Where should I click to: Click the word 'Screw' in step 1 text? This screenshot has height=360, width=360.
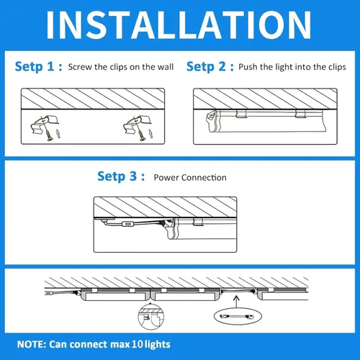click(x=81, y=67)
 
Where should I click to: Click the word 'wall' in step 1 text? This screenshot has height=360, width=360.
click(x=166, y=67)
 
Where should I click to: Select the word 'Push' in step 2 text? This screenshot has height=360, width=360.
click(x=251, y=67)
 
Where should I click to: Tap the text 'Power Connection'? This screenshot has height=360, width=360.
click(x=190, y=178)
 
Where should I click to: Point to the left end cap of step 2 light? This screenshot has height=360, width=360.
click(x=211, y=119)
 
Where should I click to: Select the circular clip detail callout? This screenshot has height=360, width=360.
click(x=148, y=317)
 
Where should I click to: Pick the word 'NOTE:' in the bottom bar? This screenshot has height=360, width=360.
click(x=32, y=344)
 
